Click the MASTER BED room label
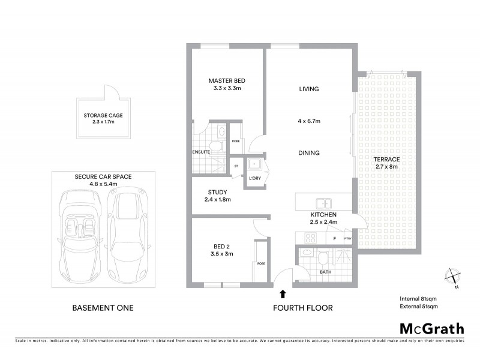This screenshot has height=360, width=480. point(227,81)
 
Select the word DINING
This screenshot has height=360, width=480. point(310,153)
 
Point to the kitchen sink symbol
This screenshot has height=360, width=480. point(323,203)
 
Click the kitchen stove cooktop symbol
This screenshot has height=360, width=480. point(310,238)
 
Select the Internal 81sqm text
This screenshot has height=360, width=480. point(419,298)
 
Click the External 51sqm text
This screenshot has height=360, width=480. point(419,307)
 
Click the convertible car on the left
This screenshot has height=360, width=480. point(79,231)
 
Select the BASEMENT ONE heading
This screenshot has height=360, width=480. point(103,308)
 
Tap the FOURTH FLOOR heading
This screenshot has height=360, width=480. point(302,308)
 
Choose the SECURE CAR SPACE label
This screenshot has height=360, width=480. point(103,177)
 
